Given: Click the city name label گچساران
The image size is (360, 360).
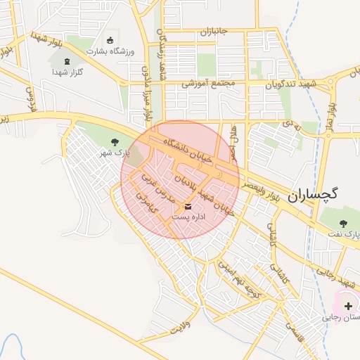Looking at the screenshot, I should pos(314,195).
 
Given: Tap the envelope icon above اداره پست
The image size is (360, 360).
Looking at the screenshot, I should pos(188,207).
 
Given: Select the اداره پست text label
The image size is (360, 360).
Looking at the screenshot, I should pos(188,217).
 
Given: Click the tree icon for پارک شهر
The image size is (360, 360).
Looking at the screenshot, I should pos(115,143).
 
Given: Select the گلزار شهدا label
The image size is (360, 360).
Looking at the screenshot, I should pos(67,72).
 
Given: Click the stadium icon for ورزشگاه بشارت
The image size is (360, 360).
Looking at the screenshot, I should pos(109,40).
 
